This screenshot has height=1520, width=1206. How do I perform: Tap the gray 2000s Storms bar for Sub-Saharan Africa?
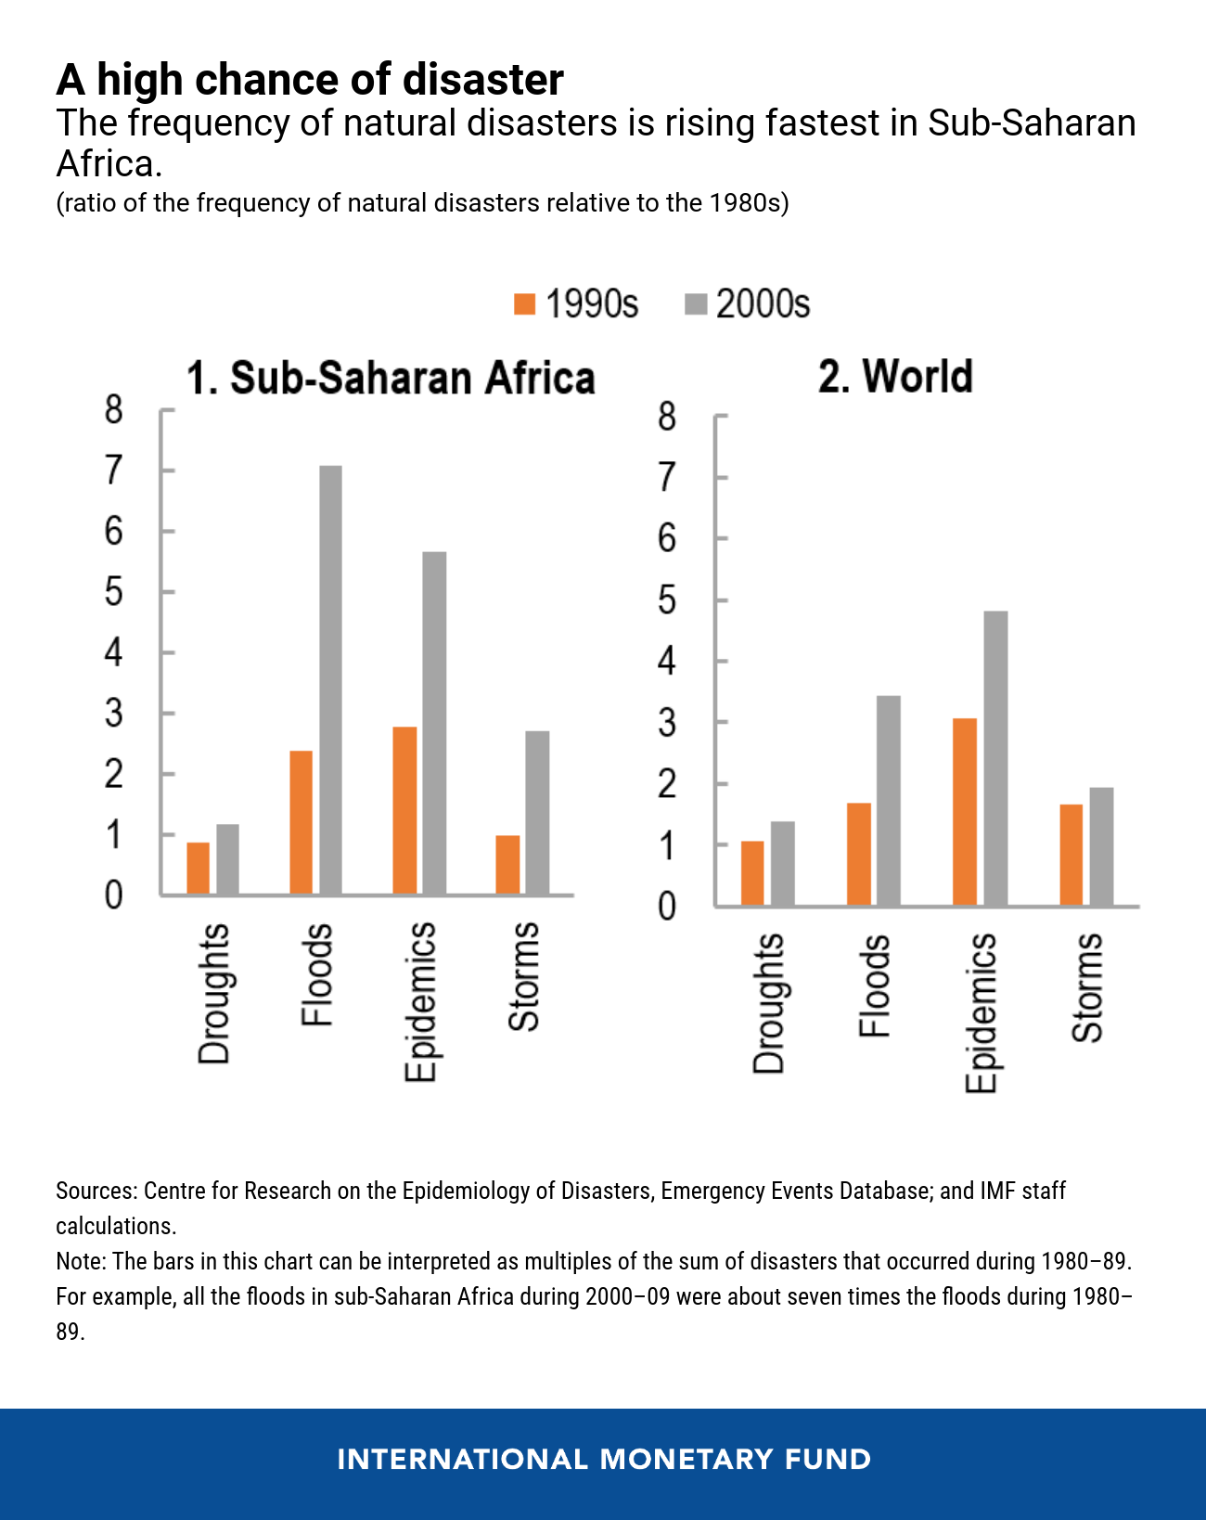coord(537,813)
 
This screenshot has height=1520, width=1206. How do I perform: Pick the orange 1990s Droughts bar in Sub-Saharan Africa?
coord(198,869)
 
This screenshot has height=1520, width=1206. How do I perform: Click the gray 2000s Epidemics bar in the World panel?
coord(995,758)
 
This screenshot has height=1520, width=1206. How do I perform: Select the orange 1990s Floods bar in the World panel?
coord(859,854)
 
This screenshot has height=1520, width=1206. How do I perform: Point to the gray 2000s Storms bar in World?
coord(1101,846)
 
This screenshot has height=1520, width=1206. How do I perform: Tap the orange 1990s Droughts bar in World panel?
coord(752,873)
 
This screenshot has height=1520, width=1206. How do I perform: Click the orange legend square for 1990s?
coord(525,304)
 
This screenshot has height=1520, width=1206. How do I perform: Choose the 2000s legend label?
coord(763,304)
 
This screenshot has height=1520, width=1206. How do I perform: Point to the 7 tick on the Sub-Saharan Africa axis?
coord(113,471)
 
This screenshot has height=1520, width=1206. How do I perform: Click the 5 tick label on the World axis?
coord(667,601)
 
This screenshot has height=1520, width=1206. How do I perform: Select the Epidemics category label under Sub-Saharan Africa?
coord(420,1002)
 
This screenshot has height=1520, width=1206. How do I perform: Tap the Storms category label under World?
coord(1087,987)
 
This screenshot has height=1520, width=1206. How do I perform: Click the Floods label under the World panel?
coord(875,985)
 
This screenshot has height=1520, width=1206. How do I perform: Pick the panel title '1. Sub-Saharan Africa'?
coord(391,379)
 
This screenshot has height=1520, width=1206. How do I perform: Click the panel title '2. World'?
coord(895,377)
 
